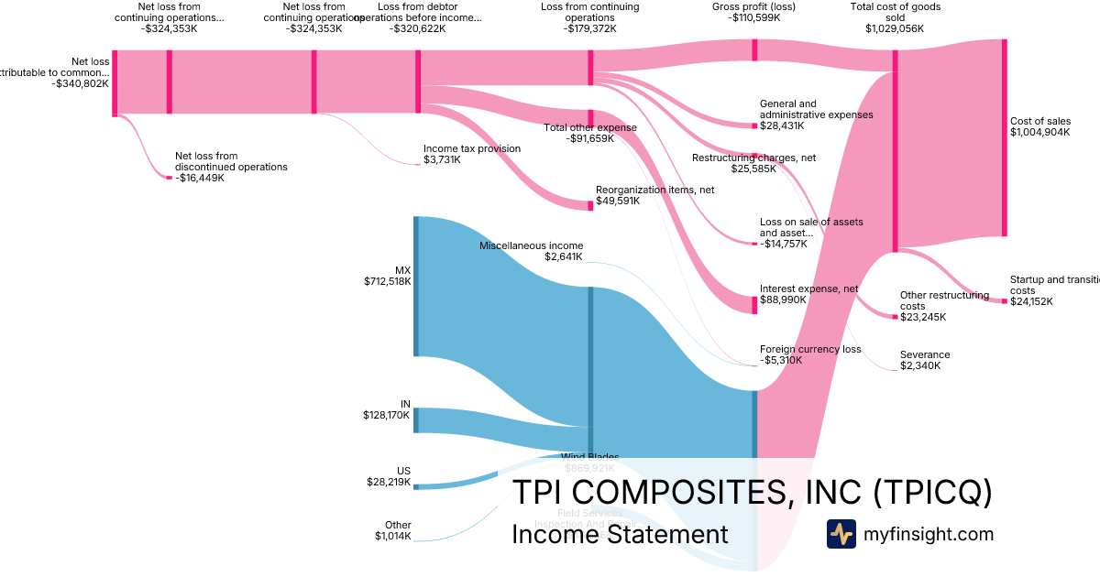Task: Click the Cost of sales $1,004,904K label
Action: pyautogui.click(x=1039, y=126)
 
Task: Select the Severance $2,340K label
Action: pyautogui.click(x=925, y=360)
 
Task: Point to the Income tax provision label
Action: pyautogui.click(x=471, y=154)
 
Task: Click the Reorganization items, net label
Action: pyautogui.click(x=654, y=195)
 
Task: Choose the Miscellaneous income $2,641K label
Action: pyautogui.click(x=531, y=251)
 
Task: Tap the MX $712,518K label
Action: pyautogui.click(x=388, y=276)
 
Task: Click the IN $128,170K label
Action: pyautogui.click(x=387, y=409)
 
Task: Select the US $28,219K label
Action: pyautogui.click(x=388, y=476)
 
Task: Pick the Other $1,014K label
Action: pyautogui.click(x=393, y=530)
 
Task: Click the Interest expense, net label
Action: pyautogui.click(x=808, y=294)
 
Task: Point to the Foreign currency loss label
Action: pyautogui.click(x=810, y=354)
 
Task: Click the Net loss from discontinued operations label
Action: pyautogui.click(x=231, y=167)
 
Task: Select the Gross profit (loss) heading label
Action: pyautogui.click(x=753, y=12)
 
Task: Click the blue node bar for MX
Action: pyautogui.click(x=416, y=286)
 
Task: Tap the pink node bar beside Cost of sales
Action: pyautogui.click(x=1004, y=137)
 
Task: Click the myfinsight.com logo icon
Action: pyautogui.click(x=841, y=534)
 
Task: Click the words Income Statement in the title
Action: pyautogui.click(x=620, y=534)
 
